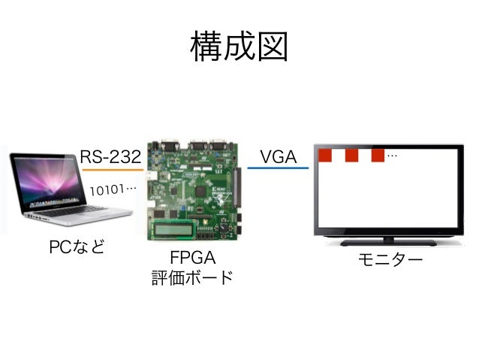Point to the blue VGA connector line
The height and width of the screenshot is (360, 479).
[277, 168]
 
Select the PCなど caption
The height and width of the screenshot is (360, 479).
[77, 247]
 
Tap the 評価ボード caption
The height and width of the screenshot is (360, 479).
[192, 277]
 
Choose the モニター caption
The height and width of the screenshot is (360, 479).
[390, 259]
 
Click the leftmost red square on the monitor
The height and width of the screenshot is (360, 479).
[325, 156]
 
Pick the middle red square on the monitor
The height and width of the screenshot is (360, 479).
[351, 156]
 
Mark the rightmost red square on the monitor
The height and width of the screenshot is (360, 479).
[377, 156]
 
